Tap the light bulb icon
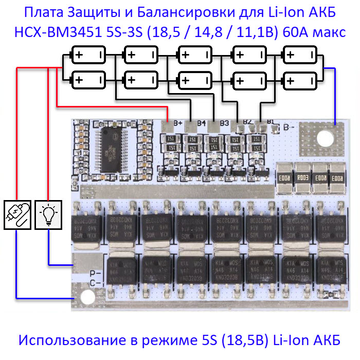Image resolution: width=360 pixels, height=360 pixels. click(49, 215)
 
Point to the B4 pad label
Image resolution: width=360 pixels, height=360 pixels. click(201, 123)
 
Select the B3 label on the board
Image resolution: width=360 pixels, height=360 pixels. click(224, 123)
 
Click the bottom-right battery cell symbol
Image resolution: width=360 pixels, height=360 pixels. click(301, 80)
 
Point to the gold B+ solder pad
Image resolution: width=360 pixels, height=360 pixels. click(167, 125)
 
